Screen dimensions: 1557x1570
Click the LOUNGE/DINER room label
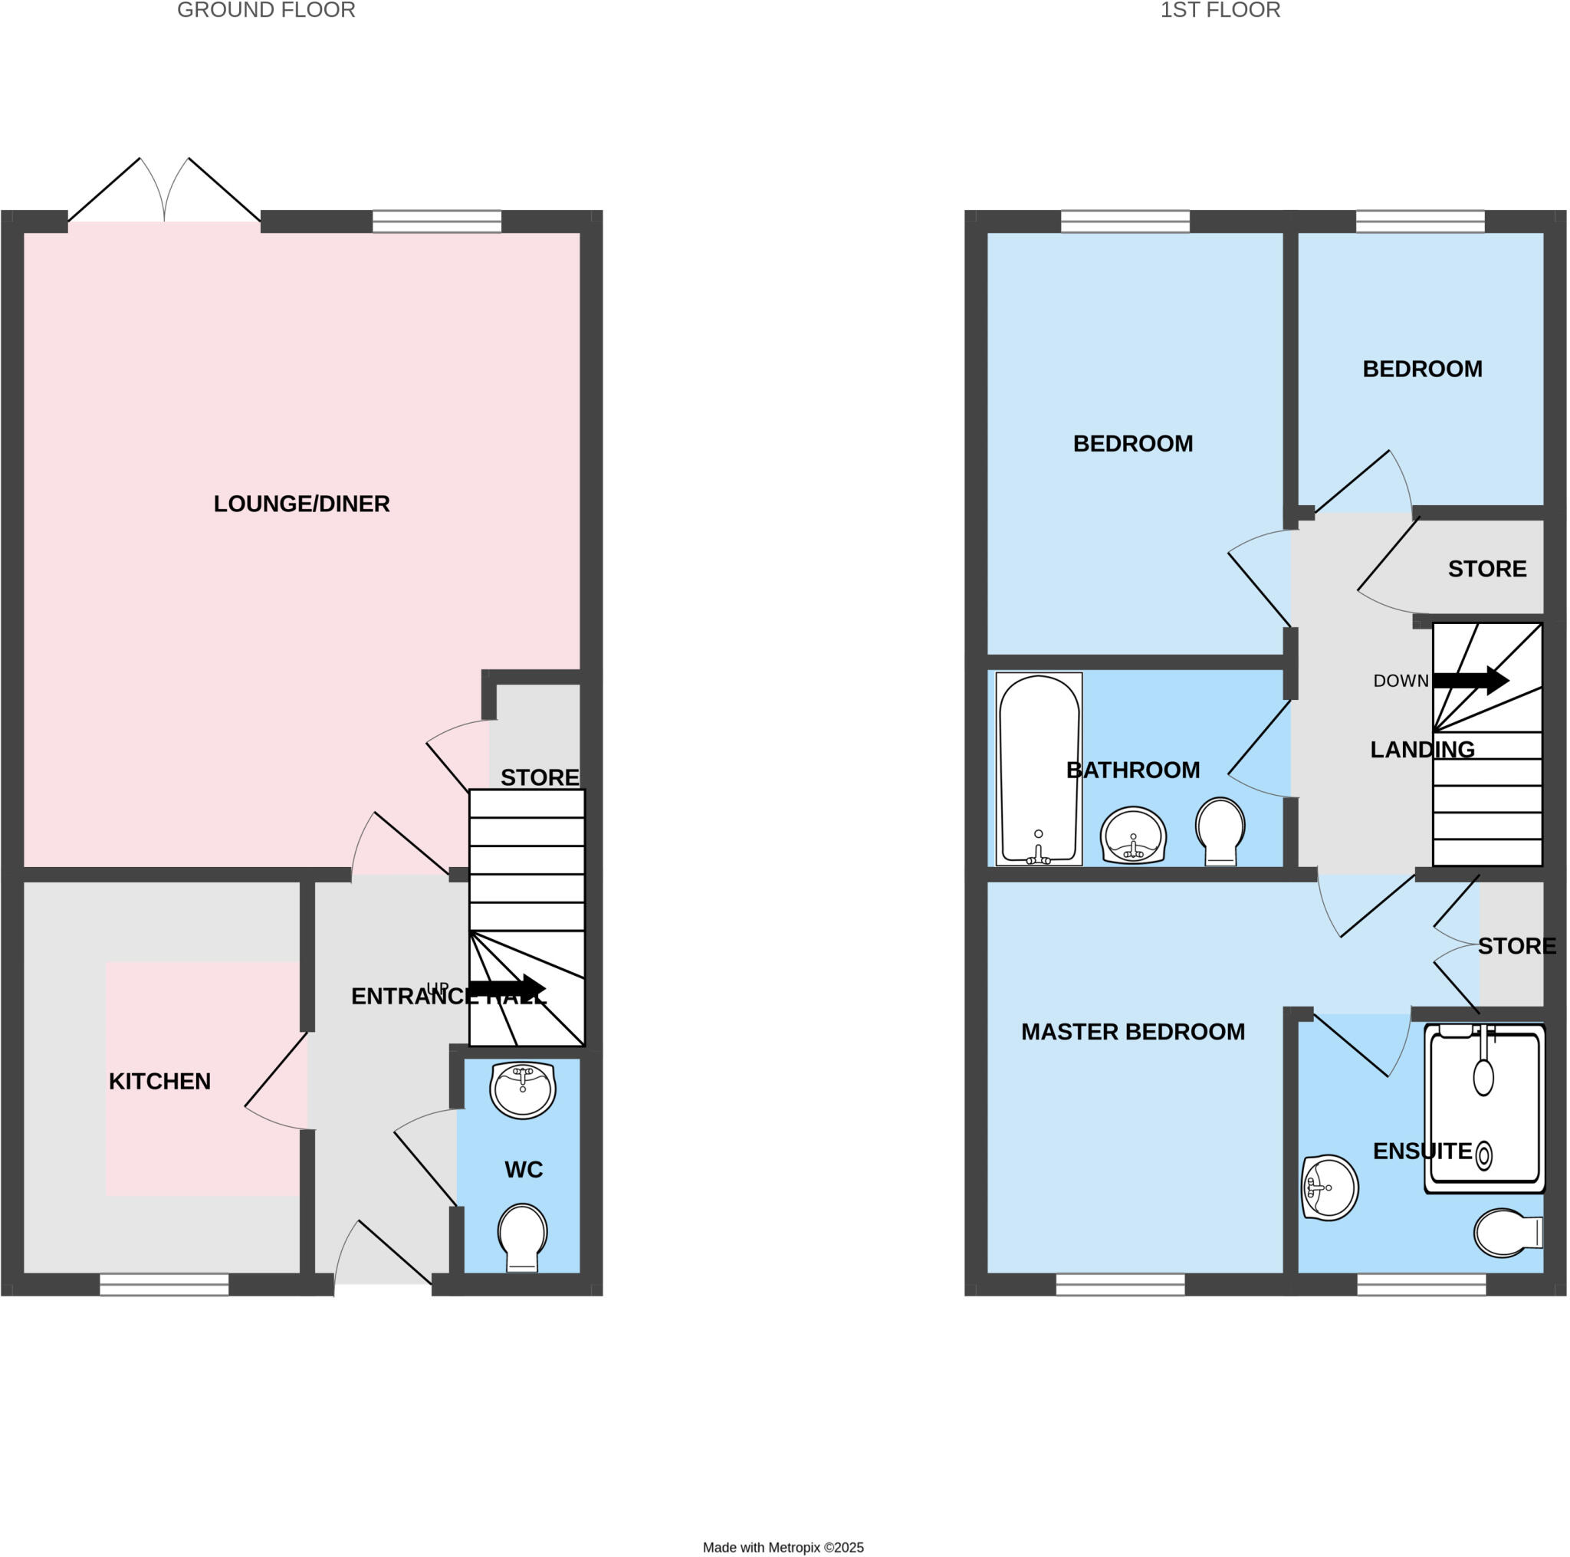pos(301,504)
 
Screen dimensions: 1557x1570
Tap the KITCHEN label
pos(160,1081)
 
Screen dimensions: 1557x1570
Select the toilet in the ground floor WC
pos(522,1237)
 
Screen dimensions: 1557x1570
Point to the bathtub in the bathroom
pos(1039,768)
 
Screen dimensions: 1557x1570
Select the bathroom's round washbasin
pos(1133,836)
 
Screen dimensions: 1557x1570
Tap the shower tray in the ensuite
pos(1484,1109)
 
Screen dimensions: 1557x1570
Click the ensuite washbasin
pos(1329,1187)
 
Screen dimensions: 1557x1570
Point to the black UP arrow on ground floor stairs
pos(508,988)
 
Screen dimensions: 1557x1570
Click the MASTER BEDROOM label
pos(1133,1031)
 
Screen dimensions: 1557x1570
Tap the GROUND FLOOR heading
pos(266,11)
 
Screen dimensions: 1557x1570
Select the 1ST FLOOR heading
pos(1220,11)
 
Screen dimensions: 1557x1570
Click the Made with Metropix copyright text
pos(783,1547)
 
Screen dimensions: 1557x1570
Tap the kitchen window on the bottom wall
pos(164,1284)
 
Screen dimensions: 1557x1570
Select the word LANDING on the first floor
pos(1422,749)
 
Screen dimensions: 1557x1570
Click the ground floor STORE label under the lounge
pos(540,777)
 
